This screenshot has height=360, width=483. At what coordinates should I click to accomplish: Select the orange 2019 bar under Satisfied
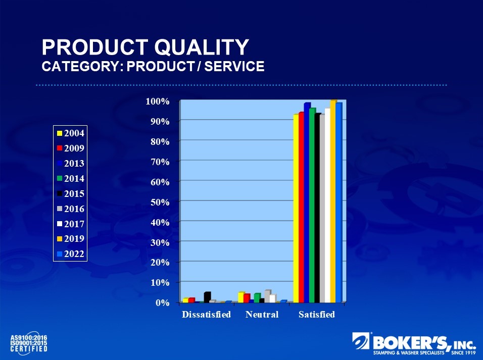point(332,202)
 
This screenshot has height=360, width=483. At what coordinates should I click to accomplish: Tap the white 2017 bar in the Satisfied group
point(327,207)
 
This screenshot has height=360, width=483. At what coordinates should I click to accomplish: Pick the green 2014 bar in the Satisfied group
point(312,207)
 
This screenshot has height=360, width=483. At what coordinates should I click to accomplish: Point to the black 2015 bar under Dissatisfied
point(206,297)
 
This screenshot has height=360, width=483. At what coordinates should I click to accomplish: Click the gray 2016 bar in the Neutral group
point(267,296)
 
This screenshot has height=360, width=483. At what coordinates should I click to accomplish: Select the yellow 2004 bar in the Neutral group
point(240,297)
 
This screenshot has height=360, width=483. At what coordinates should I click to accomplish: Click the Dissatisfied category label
point(206,315)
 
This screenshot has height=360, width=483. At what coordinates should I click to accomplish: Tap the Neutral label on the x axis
point(262,315)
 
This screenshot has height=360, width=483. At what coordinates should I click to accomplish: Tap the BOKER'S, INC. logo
point(414,344)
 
